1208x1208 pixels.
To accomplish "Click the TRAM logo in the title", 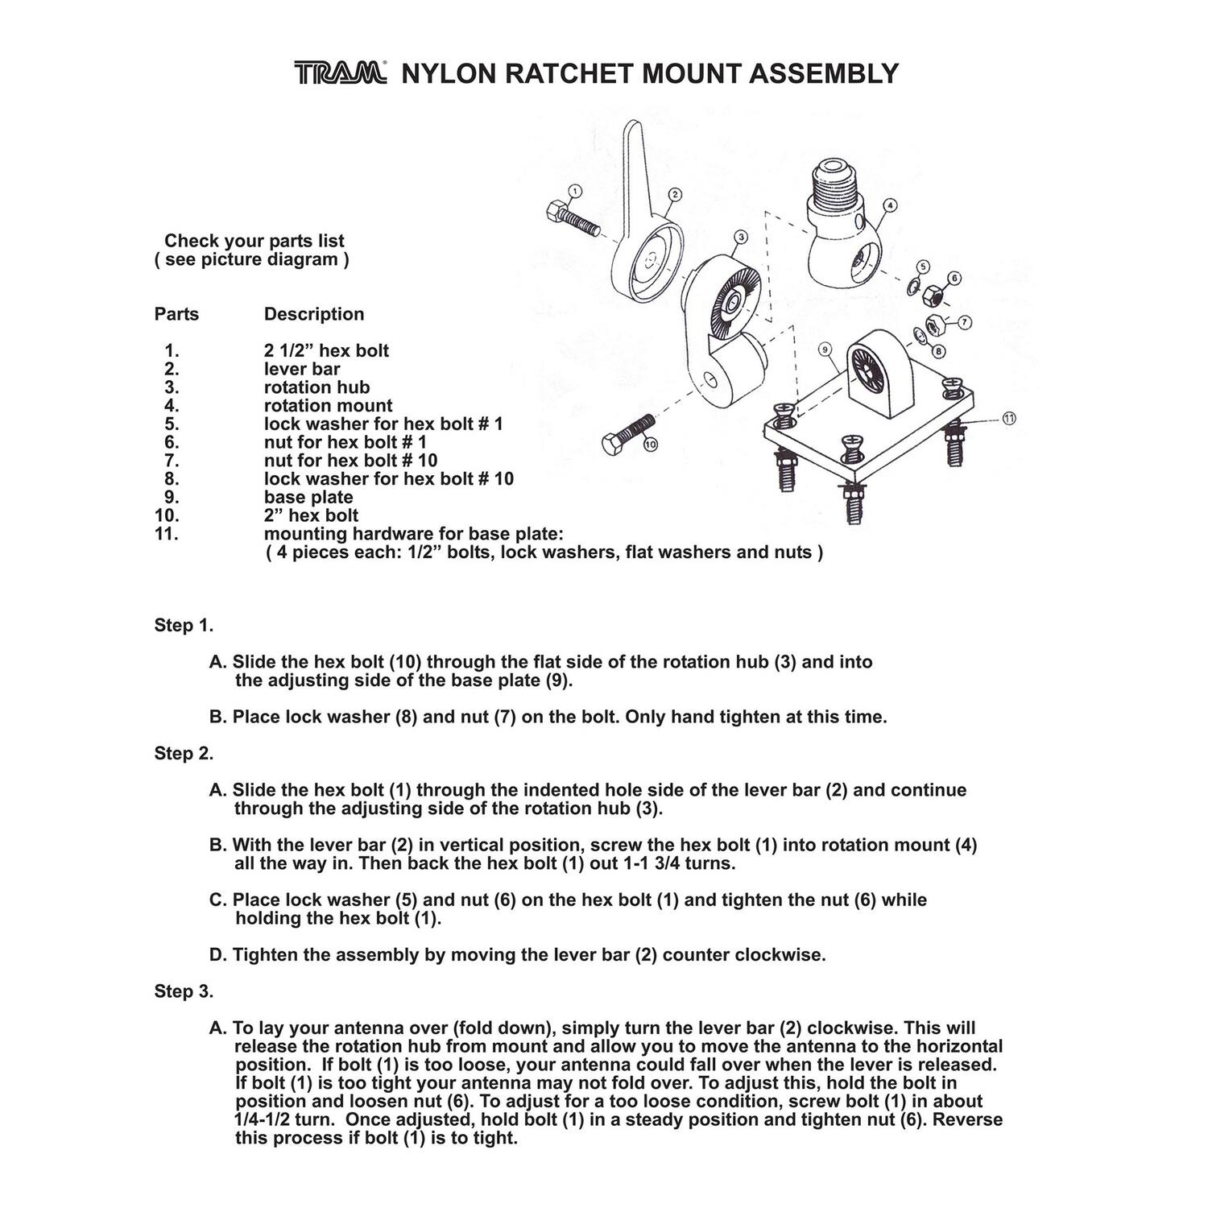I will (340, 73).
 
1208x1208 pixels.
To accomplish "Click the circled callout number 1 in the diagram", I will (574, 191).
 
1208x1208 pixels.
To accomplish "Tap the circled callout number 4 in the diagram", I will (889, 205).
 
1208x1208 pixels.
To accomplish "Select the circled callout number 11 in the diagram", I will (1009, 418).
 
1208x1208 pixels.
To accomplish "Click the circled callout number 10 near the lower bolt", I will (651, 444).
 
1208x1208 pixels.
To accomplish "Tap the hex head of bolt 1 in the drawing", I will (556, 213).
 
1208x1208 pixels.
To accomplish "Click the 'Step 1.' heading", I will (184, 626).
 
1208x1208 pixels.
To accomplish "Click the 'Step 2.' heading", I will (184, 754).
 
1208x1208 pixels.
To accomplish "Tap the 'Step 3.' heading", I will (184, 991).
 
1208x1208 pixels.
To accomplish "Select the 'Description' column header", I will (314, 314).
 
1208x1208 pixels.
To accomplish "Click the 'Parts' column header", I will (176, 314).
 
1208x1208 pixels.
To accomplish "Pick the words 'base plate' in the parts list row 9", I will (308, 498).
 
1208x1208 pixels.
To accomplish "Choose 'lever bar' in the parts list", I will (302, 369).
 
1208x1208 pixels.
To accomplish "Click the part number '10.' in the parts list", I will (167, 515).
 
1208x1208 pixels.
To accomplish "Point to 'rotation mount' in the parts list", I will (329, 406).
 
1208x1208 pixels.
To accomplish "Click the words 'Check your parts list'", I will (254, 241).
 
